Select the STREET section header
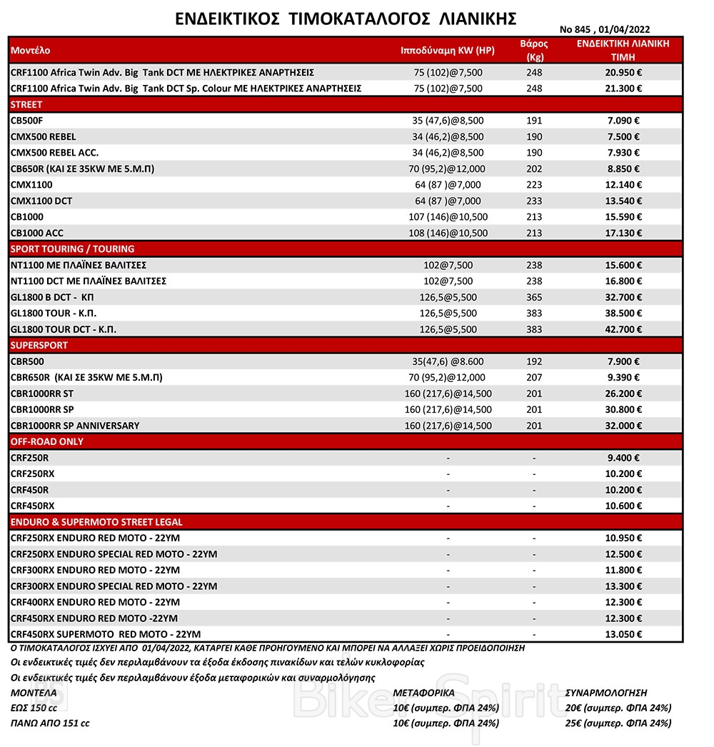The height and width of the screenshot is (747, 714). pos(27,104)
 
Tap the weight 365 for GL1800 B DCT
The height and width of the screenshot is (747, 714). pos(533,297)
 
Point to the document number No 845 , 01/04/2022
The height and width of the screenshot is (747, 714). pos(605,29)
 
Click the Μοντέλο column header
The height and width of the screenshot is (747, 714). pos(31,51)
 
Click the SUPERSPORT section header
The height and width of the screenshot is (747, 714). pos(39,345)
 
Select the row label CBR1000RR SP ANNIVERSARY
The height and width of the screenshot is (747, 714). pos(75,426)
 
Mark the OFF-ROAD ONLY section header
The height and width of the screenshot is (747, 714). pos(46,441)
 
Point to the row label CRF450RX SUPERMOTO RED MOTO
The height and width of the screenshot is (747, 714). pos(106,634)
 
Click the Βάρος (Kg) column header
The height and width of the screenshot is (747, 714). pos(533,51)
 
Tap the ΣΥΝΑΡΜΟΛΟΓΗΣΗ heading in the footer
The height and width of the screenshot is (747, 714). pos(605,693)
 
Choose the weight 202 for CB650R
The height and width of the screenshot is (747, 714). pos(533,169)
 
